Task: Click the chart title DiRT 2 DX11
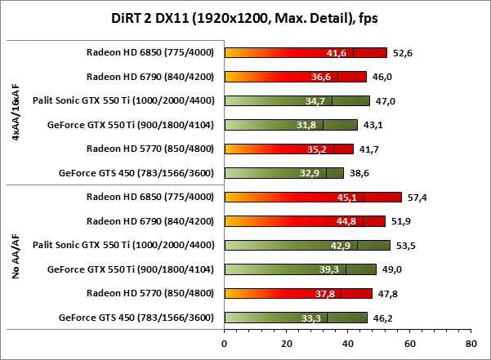245,17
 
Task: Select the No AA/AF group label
16,256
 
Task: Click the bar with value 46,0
296,77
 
